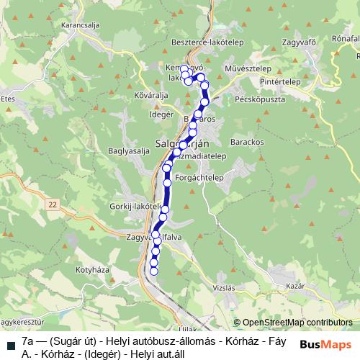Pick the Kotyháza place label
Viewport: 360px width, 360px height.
tap(91, 270)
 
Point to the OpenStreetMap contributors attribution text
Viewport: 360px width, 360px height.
tap(293, 323)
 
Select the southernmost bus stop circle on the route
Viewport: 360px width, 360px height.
tap(153, 271)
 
